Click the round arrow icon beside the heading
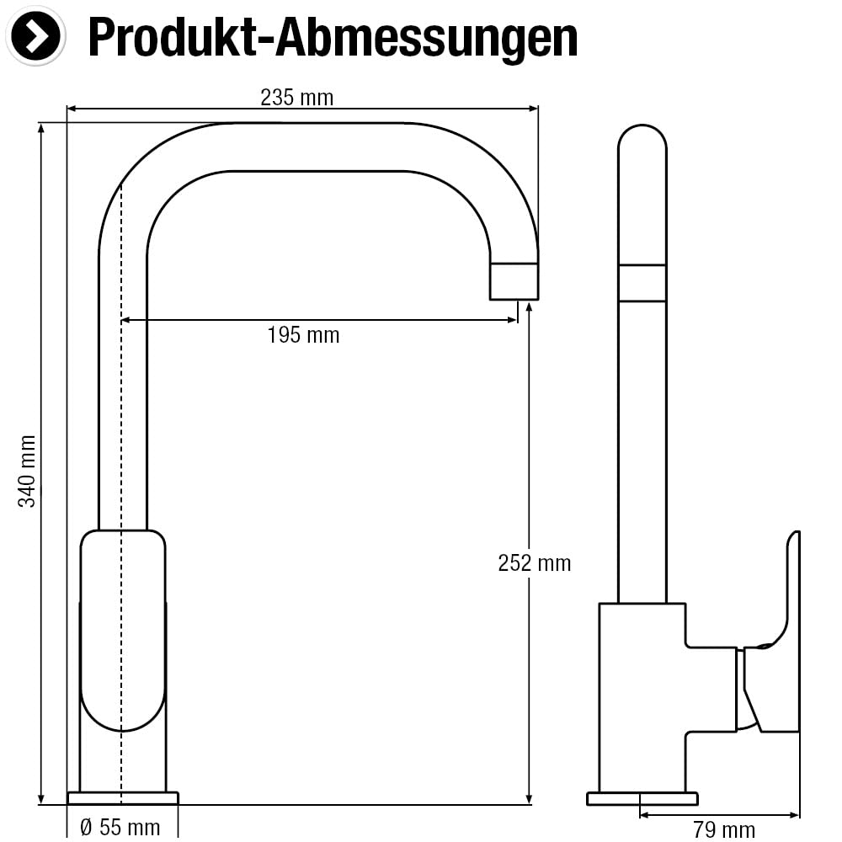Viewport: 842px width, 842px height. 35,36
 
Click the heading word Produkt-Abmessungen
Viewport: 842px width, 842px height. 333,38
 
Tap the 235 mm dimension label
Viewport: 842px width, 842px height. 297,98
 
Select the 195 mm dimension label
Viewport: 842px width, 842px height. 303,335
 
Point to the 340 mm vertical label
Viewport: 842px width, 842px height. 27,471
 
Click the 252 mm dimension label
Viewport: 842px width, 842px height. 535,562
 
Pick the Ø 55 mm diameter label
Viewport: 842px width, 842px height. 120,828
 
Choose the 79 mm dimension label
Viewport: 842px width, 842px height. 724,830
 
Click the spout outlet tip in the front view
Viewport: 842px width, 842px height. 514,281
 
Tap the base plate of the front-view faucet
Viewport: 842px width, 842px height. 123,798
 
